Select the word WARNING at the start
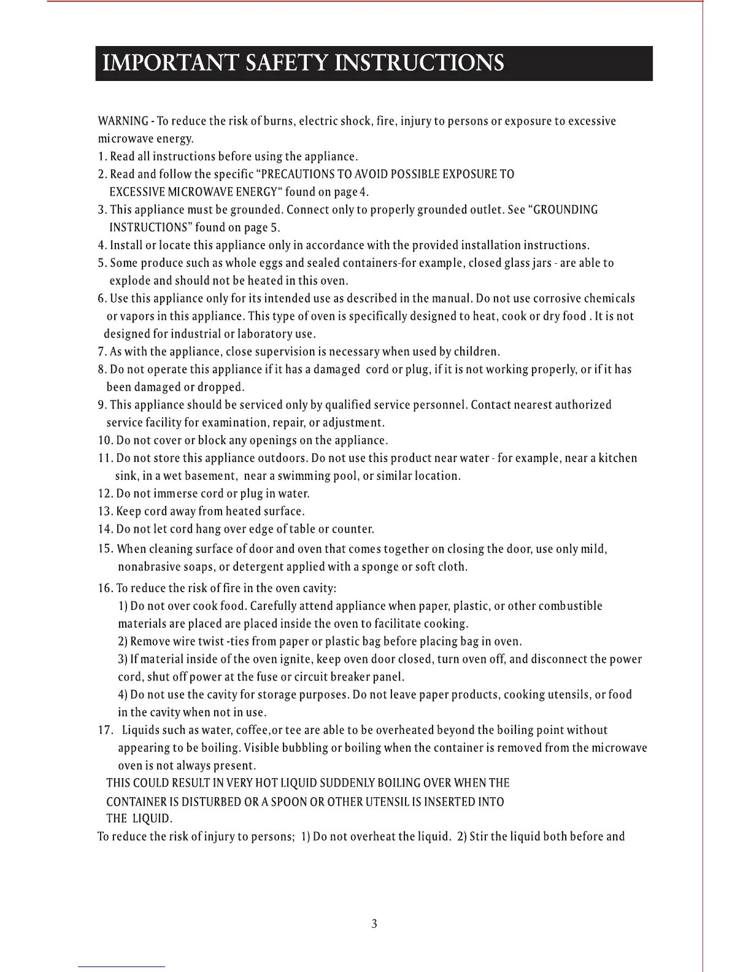pos(123,121)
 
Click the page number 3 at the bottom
pos(374,924)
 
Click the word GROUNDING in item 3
pos(566,210)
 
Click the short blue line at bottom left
pos(121,967)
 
